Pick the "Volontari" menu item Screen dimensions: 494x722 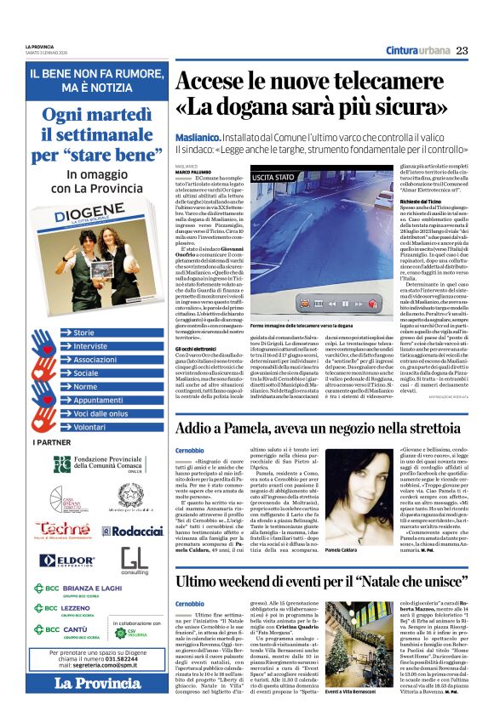tap(89, 428)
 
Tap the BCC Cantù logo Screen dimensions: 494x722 tap(63, 630)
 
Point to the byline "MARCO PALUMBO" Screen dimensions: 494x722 tap(194, 148)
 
